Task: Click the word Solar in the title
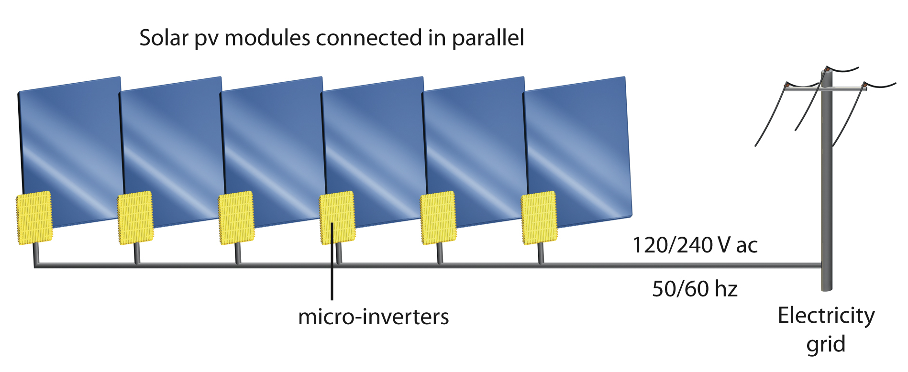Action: [x=164, y=38]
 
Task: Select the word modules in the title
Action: [x=267, y=38]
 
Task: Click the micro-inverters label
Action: [x=373, y=317]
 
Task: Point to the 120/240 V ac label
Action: [x=695, y=245]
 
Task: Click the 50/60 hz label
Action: [x=695, y=289]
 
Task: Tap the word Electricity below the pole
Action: [x=826, y=316]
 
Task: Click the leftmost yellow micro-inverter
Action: [x=34, y=218]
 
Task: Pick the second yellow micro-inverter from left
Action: [x=135, y=218]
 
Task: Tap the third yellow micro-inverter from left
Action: [x=236, y=218]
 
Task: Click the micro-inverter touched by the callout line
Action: [x=337, y=218]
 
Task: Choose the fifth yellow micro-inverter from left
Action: [x=438, y=218]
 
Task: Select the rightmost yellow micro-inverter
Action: [x=539, y=218]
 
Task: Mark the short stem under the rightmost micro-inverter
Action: [x=541, y=253]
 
